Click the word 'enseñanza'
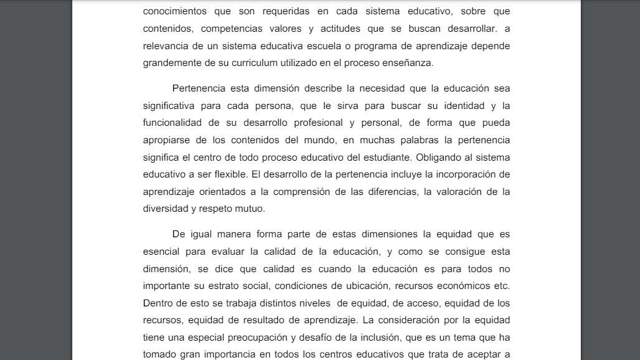pos(408,63)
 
